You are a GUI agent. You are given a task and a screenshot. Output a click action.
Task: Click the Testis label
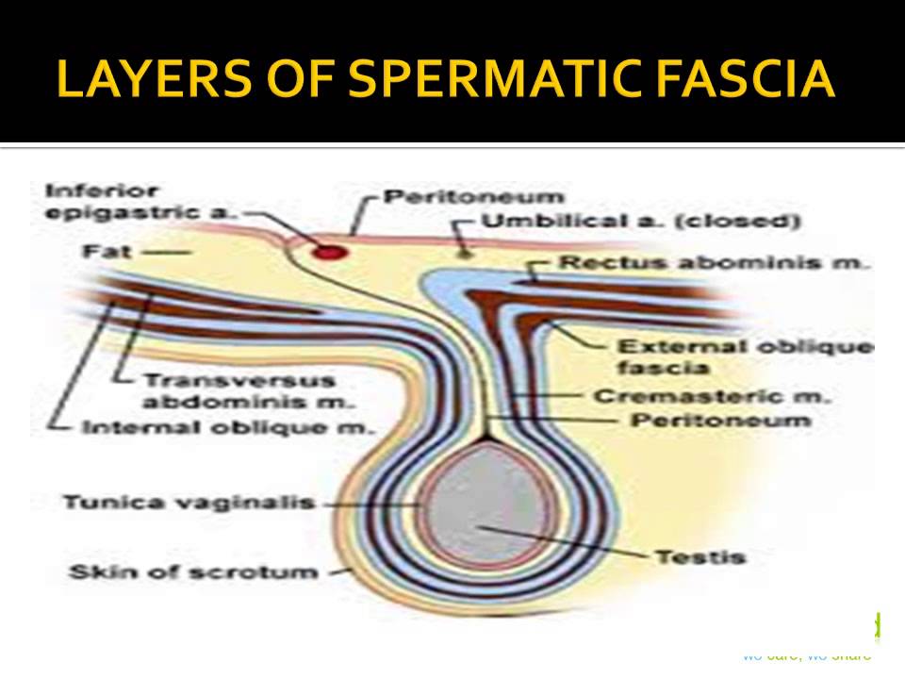tap(688, 556)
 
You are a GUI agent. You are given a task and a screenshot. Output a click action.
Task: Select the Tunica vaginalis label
tap(188, 503)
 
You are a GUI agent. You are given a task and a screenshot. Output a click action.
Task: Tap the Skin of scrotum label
tap(193, 571)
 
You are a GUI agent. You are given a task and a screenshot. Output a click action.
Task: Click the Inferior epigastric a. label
tap(137, 202)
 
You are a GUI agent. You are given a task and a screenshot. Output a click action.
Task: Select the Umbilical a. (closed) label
tap(641, 223)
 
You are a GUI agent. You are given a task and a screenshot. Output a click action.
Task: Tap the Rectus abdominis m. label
tap(713, 263)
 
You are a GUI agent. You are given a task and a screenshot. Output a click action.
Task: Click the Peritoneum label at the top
tap(475, 197)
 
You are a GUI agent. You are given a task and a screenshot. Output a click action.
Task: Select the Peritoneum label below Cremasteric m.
tap(721, 421)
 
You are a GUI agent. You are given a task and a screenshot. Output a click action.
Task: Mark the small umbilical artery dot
tap(463, 252)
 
